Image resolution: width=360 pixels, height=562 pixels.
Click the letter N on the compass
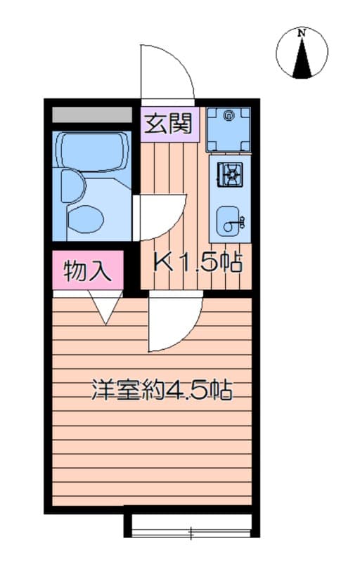[302, 32]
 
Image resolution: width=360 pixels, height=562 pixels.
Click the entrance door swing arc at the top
[167, 70]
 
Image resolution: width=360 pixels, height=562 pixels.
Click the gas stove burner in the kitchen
[229, 174]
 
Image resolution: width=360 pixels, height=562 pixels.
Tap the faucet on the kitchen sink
[241, 223]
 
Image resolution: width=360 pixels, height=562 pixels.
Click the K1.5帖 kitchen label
[198, 263]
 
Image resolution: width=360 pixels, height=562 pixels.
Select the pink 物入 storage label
[88, 270]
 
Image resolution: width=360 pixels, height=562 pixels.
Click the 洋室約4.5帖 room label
[162, 391]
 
